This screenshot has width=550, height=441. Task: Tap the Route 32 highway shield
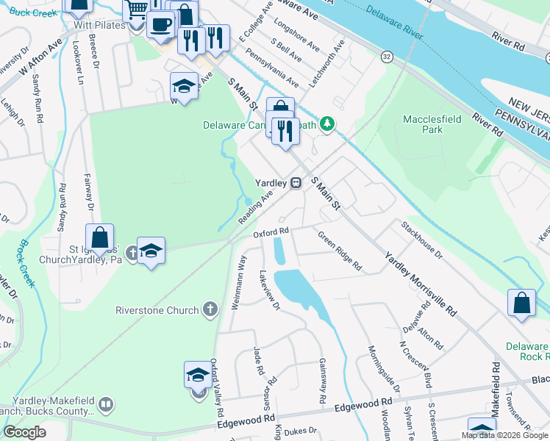tap(386, 56)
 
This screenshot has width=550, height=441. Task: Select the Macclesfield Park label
tap(423, 123)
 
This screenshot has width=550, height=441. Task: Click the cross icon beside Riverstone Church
tap(210, 309)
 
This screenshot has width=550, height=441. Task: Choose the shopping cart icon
tap(136, 10)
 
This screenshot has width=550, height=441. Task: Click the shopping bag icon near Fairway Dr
tap(99, 238)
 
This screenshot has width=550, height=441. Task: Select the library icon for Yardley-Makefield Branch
tap(106, 404)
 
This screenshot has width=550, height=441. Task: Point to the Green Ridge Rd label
tap(340, 251)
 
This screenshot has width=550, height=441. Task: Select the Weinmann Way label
tap(238, 282)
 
